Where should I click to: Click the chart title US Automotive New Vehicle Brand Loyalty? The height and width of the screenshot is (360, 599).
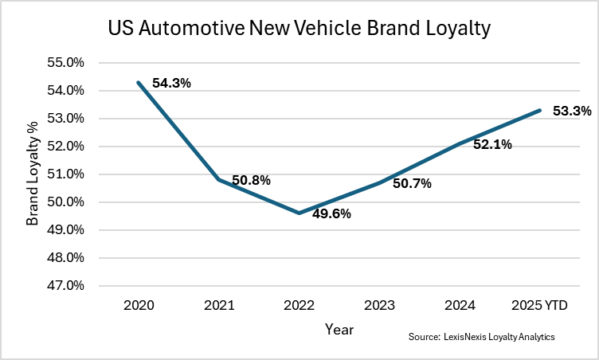coord(299,29)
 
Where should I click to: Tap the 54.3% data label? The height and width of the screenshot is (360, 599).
coord(172,83)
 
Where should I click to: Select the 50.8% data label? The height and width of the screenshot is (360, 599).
coord(251,181)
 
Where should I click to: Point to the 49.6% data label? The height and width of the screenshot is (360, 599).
coord(331,213)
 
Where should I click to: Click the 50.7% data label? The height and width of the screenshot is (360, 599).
coord(412,184)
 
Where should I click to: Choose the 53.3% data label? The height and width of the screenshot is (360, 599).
coord(572,112)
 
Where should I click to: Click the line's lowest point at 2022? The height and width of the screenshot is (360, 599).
coord(299,213)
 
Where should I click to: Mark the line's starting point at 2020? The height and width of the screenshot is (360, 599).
coord(139,82)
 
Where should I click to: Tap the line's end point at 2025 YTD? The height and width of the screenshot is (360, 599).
coord(540,110)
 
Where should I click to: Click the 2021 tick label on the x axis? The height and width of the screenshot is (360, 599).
coord(218,305)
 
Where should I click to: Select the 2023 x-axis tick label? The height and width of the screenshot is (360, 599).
coord(379,305)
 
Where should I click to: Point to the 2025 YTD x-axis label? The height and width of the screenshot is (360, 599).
coord(539,305)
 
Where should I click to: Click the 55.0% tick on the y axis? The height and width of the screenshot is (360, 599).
coord(68,63)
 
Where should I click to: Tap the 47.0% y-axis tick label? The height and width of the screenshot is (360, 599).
coord(68,285)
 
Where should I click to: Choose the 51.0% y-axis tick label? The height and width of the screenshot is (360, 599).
coord(68,174)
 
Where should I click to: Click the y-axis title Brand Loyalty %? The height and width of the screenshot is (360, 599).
coord(32,174)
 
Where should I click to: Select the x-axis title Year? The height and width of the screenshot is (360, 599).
coord(339,328)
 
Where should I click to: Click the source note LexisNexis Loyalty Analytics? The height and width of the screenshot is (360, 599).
coord(481,338)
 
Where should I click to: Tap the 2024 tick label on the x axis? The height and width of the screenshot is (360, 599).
coord(460,305)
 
